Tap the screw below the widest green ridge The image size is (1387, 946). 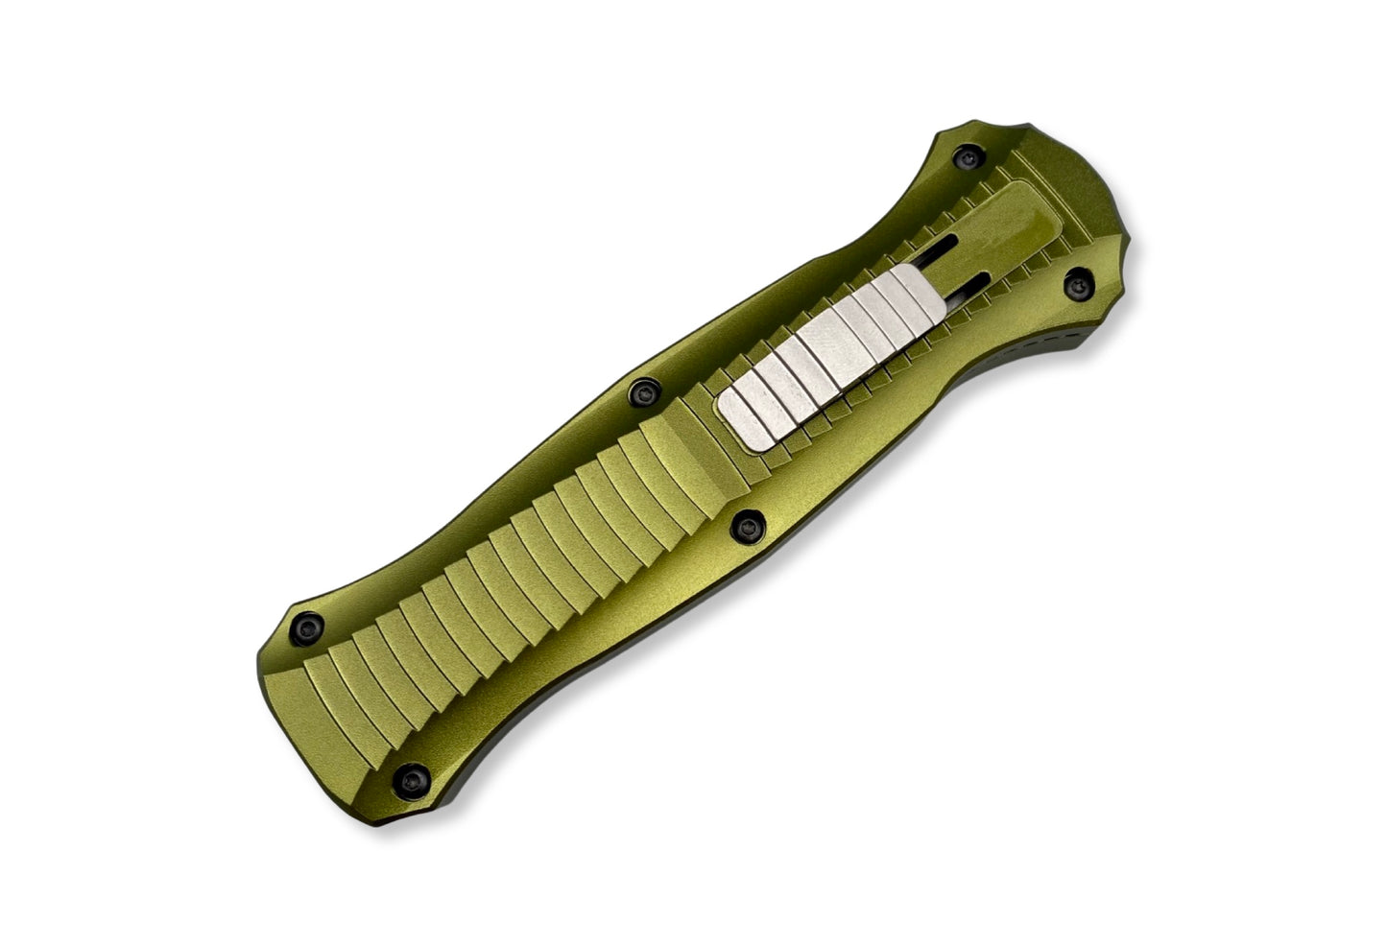[746, 522]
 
